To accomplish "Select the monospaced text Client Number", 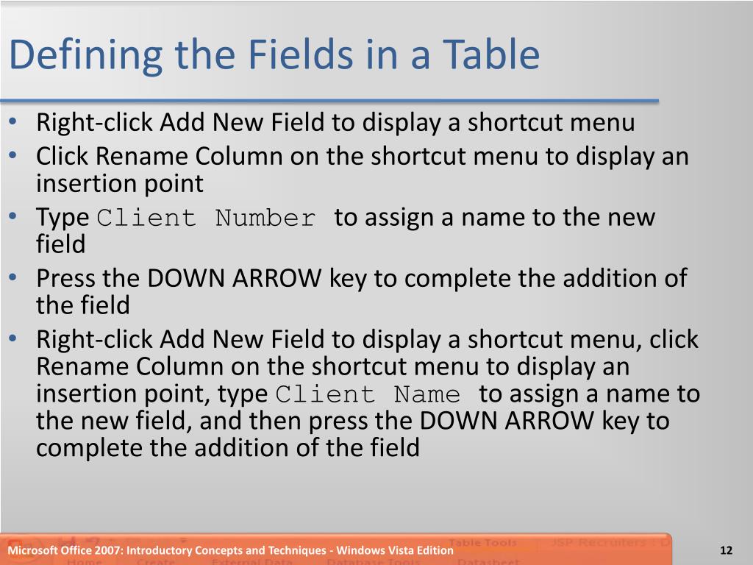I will tap(207, 218).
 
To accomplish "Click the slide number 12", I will tap(727, 551).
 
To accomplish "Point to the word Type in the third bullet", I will tap(63, 218).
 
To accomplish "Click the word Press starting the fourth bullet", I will tap(65, 278).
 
